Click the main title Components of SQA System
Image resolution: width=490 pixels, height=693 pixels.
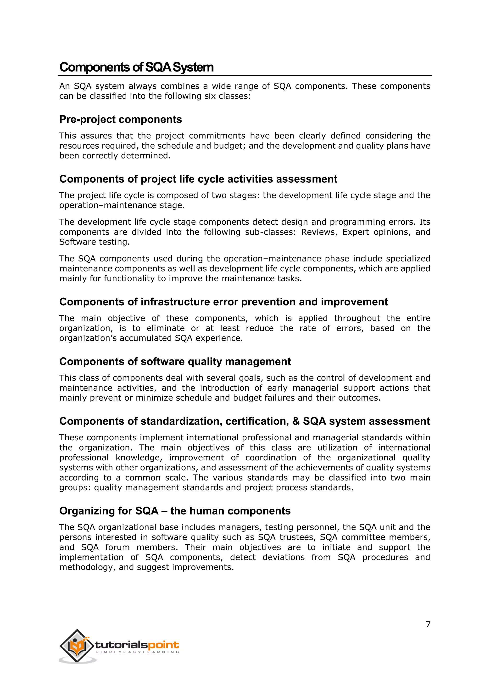pyautogui.click(x=136, y=67)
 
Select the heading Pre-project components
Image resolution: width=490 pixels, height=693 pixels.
pyautogui.click(x=120, y=119)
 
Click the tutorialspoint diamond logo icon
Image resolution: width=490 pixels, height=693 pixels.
pyautogui.click(x=77, y=646)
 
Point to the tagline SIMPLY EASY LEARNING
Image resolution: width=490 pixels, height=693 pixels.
pyautogui.click(x=137, y=652)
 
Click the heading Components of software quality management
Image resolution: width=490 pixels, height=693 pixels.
pyautogui.click(x=175, y=362)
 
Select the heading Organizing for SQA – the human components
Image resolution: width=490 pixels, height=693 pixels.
pyautogui.click(x=175, y=511)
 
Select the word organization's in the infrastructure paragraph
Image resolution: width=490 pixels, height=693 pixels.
pyautogui.click(x=85, y=338)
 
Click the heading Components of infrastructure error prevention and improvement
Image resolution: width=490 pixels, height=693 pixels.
pyautogui.click(x=223, y=302)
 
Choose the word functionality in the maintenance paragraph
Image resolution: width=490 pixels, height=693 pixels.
pyautogui.click(x=129, y=279)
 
